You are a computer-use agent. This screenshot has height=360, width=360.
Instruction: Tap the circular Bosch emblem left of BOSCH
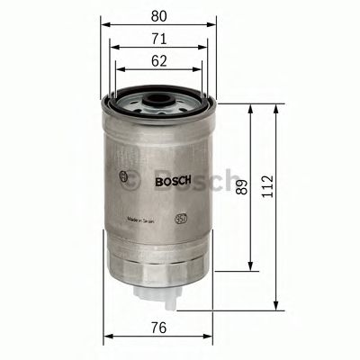pyautogui.click(x=121, y=175)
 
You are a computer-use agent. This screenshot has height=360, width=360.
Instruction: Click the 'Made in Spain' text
pyautogui.click(x=146, y=218)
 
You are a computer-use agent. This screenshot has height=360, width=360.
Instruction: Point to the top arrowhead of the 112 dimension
pyautogui.click(x=273, y=107)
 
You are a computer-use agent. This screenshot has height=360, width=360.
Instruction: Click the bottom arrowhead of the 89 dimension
pyautogui.click(x=250, y=267)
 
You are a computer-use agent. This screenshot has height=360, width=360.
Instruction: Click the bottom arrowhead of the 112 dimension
pyautogui.click(x=273, y=303)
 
